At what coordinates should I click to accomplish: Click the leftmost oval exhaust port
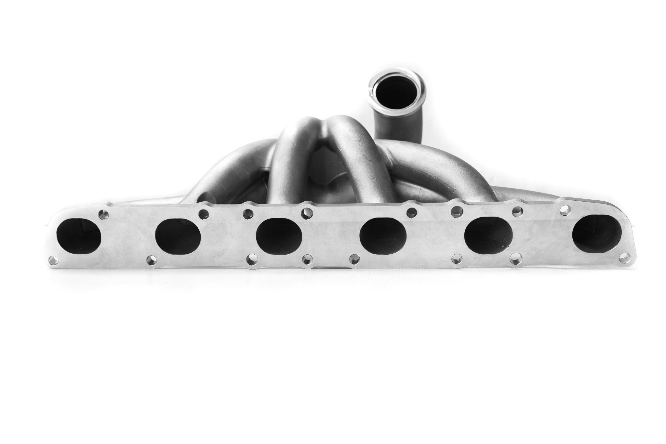pyautogui.click(x=79, y=235)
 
